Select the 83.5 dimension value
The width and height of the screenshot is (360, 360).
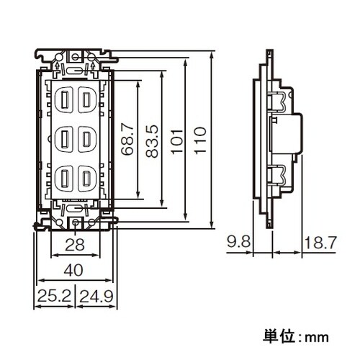pyautogui.click(x=151, y=140)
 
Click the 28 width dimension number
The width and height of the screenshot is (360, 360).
pyautogui.click(x=75, y=246)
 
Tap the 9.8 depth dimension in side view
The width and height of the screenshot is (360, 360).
pyautogui.click(x=238, y=243)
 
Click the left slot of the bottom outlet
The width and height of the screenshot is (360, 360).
pyautogui.click(x=64, y=176)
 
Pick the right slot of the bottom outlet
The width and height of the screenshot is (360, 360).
pyautogui.click(x=86, y=176)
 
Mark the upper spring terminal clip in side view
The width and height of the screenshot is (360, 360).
pyautogui.click(x=277, y=101)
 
